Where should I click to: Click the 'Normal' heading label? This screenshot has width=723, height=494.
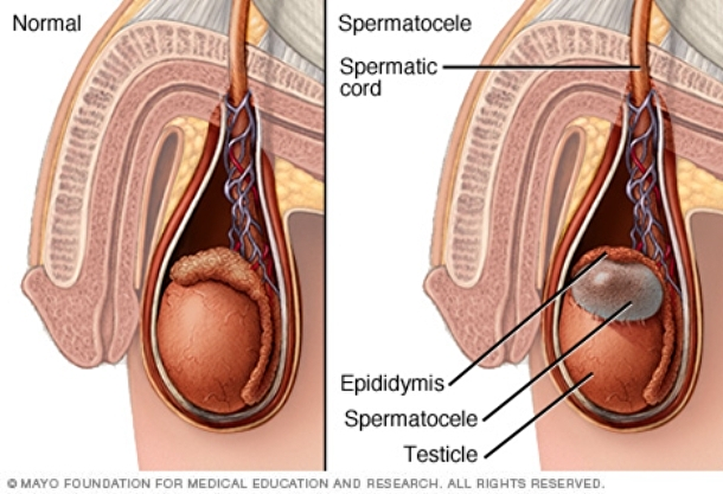[46, 24]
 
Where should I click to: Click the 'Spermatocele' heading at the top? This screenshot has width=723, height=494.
[404, 24]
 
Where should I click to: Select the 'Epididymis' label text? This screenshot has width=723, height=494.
[392, 384]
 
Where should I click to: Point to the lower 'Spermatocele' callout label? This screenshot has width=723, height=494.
[411, 419]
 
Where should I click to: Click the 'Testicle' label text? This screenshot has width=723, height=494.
[440, 453]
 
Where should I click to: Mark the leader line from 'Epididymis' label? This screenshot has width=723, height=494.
[525, 322]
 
